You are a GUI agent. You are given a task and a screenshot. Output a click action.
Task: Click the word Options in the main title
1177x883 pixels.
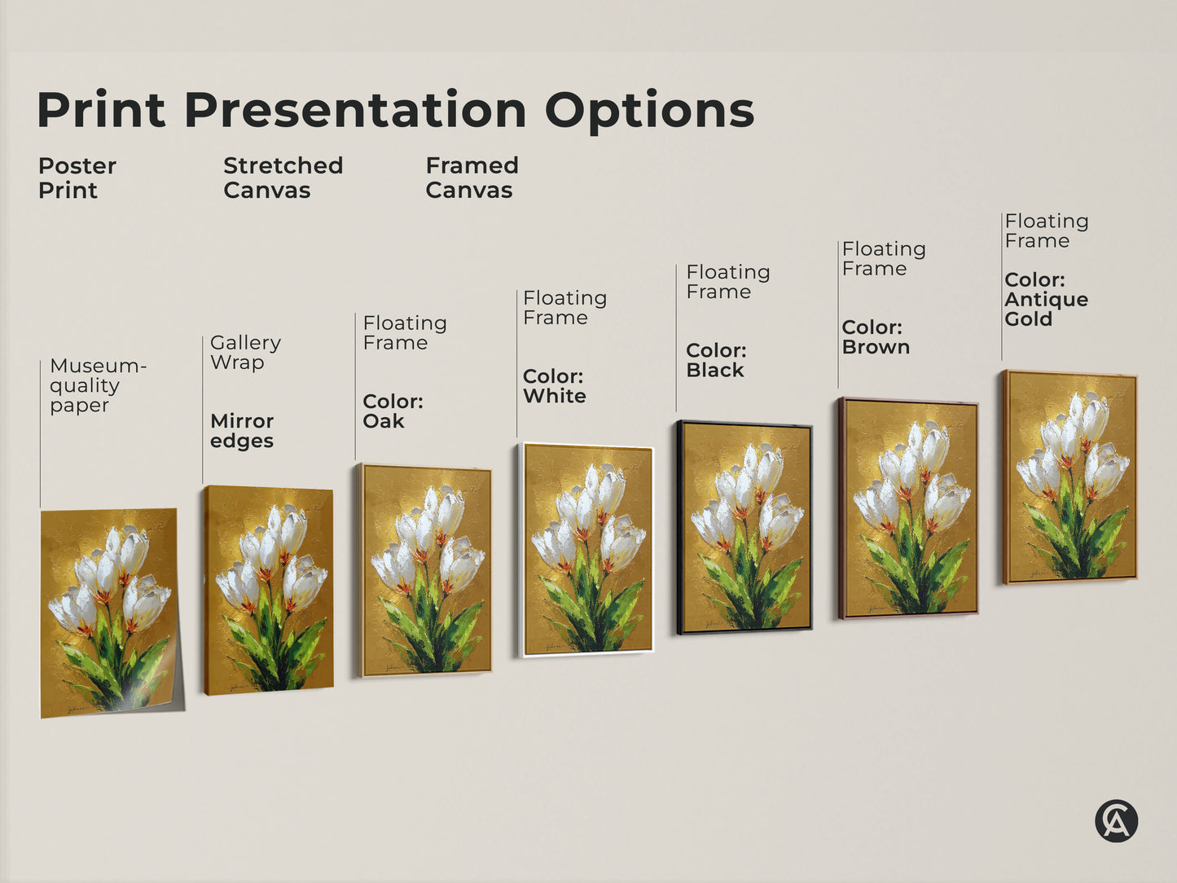click(x=649, y=111)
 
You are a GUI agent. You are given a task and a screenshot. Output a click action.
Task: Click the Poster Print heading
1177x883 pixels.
click(x=77, y=178)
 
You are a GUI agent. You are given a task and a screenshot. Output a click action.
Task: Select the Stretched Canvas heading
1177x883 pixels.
click(x=283, y=178)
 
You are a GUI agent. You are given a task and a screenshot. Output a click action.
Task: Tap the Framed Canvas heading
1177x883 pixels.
click(x=472, y=178)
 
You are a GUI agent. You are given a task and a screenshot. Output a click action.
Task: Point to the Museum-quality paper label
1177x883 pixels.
click(x=97, y=385)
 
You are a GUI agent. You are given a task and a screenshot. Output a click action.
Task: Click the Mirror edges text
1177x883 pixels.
click(x=241, y=431)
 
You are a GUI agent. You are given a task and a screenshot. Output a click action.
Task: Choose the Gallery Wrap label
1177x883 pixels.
click(x=245, y=353)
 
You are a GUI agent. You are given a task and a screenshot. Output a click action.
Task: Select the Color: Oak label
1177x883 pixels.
click(x=393, y=411)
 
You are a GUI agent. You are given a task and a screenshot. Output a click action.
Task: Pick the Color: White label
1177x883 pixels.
click(x=554, y=386)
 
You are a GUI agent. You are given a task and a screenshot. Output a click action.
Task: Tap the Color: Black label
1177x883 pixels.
click(x=716, y=360)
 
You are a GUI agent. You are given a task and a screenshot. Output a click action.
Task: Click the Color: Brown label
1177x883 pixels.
click(x=876, y=337)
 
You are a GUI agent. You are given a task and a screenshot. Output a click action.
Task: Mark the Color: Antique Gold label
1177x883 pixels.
click(x=1046, y=299)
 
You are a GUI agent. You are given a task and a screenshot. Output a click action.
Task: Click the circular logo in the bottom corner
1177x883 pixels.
click(x=1116, y=820)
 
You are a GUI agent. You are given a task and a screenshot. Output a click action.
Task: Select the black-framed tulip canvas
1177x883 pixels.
click(x=744, y=527)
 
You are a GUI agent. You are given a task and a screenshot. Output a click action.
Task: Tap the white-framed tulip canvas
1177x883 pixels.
click(x=586, y=550)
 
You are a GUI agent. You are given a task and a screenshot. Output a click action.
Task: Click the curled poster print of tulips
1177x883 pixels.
click(x=110, y=613)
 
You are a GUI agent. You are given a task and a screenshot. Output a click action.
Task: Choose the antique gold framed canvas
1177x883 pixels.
click(x=1070, y=477)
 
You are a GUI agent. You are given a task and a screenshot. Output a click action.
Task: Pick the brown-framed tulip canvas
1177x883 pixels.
click(x=908, y=508)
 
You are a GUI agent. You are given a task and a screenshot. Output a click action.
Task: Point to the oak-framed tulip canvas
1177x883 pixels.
click(x=425, y=570)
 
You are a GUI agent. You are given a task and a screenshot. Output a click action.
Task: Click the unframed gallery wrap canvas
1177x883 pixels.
click(x=269, y=590)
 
